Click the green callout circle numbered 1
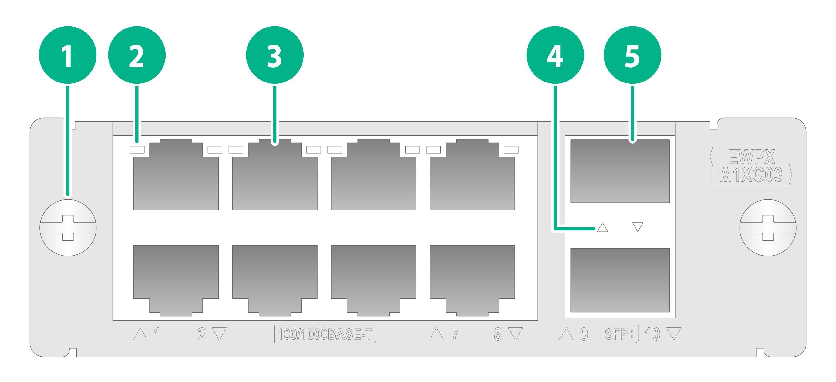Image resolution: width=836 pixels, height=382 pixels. click(x=68, y=55)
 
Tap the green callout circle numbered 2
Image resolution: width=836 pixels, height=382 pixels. click(x=137, y=55)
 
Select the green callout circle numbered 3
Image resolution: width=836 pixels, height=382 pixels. click(x=275, y=55)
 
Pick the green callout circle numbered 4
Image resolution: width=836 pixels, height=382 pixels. click(x=555, y=55)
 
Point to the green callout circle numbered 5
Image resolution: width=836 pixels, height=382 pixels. click(x=632, y=55)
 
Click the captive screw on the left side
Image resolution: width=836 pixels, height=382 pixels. click(x=68, y=228)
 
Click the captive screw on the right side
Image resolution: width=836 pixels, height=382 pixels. click(x=768, y=228)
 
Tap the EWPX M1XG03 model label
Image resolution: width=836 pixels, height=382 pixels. click(x=751, y=166)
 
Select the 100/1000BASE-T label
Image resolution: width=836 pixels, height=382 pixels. click(x=325, y=334)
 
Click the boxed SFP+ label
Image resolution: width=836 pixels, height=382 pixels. click(x=620, y=334)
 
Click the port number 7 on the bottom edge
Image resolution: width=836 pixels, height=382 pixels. click(x=455, y=334)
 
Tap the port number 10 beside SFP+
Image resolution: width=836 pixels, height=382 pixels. click(x=652, y=334)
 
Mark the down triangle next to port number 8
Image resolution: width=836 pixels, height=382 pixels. click(x=515, y=334)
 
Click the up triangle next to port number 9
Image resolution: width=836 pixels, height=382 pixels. click(x=566, y=334)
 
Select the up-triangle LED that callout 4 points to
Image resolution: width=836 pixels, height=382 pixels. click(x=602, y=227)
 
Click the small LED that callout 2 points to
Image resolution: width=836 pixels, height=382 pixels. click(x=137, y=149)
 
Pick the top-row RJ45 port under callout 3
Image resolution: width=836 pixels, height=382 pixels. click(x=275, y=175)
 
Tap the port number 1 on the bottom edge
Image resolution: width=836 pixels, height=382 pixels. click(x=157, y=334)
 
